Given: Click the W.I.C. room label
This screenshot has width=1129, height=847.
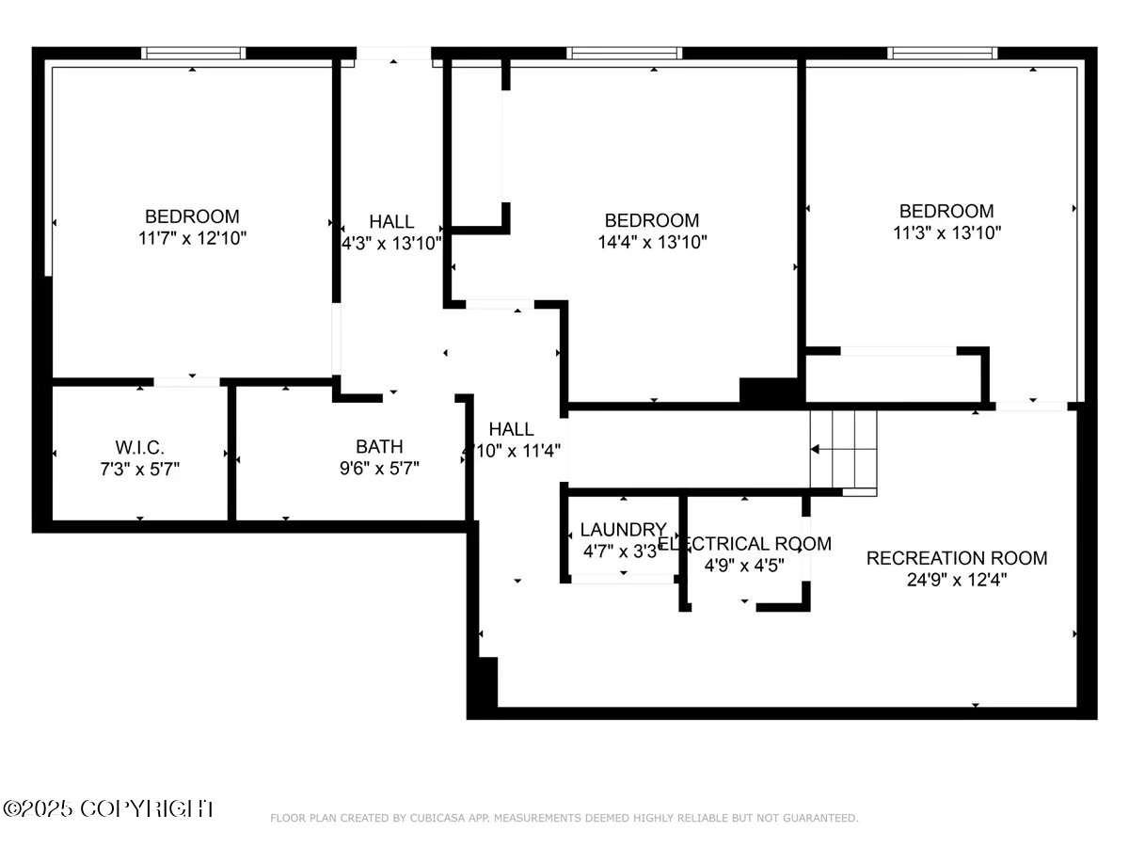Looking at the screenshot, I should pyautogui.click(x=140, y=445).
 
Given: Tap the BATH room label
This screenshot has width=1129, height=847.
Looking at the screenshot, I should pyautogui.click(x=379, y=446).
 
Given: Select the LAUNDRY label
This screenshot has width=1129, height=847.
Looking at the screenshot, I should pyautogui.click(x=623, y=530).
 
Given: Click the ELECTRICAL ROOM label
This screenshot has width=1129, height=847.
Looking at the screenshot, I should pyautogui.click(x=744, y=544).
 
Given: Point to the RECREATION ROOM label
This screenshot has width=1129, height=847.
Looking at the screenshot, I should pyautogui.click(x=956, y=558).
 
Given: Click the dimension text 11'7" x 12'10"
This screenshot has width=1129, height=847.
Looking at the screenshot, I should pyautogui.click(x=192, y=238).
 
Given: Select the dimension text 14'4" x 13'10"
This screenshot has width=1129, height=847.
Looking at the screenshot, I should pyautogui.click(x=652, y=242).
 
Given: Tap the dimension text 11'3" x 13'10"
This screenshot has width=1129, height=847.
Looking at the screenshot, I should pyautogui.click(x=946, y=232).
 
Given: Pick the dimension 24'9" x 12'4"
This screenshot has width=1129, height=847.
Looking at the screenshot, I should pyautogui.click(x=956, y=580).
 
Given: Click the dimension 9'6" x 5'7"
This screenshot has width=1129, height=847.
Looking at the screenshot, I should pyautogui.click(x=379, y=468).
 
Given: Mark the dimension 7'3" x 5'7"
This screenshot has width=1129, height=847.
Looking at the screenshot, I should pyautogui.click(x=140, y=468).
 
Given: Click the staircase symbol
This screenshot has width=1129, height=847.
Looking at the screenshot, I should pyautogui.click(x=844, y=451).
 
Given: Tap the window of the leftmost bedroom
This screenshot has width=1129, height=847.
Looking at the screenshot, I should pyautogui.click(x=193, y=54).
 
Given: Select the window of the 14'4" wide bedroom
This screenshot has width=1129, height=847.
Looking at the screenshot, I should pyautogui.click(x=623, y=54).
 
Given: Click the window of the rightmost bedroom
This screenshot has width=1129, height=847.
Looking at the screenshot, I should pyautogui.click(x=942, y=54).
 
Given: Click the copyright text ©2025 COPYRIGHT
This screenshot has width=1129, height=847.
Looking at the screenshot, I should pyautogui.click(x=109, y=808).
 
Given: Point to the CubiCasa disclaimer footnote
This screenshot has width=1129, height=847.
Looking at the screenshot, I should pyautogui.click(x=564, y=819).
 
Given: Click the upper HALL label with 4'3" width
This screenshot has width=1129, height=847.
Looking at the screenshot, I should pyautogui.click(x=391, y=222).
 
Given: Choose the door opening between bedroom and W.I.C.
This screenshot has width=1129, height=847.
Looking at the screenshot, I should pyautogui.click(x=186, y=381).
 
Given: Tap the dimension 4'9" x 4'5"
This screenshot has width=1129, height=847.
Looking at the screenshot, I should pyautogui.click(x=744, y=566).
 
